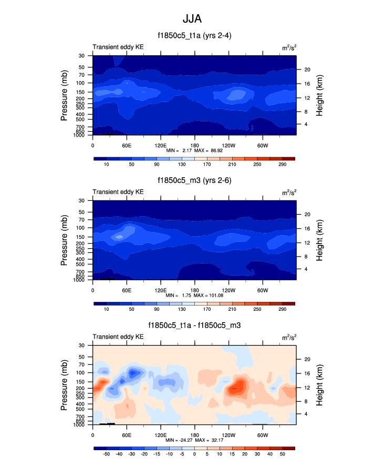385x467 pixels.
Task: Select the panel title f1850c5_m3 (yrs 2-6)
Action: (194, 180)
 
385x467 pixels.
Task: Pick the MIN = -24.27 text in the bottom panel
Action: (176, 440)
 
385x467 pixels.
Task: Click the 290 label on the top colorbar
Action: (283, 165)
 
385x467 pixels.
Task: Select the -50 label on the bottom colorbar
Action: (106, 453)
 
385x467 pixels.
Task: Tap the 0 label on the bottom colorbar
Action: (194, 453)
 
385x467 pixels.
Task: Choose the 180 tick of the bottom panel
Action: (194, 435)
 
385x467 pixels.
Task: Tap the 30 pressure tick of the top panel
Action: (82, 56)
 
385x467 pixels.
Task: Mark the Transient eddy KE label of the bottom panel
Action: (118, 337)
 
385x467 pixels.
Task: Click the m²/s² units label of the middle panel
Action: (288, 192)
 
